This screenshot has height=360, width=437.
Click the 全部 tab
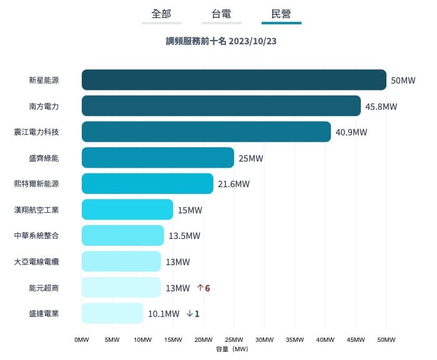[161, 13]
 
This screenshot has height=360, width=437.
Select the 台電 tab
[221, 13]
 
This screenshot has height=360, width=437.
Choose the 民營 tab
[281, 13]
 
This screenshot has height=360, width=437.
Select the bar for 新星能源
[234, 80]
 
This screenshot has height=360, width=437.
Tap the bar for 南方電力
[221, 106]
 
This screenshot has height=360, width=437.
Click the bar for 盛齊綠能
[157, 158]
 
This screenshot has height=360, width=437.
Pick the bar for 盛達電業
[112, 313]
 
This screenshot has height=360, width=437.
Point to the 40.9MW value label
[351, 132]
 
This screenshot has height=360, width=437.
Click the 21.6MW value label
[233, 184]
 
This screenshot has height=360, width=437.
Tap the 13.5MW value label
[184, 236]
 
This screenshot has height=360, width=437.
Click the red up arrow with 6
[203, 288]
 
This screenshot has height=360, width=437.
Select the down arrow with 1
[193, 314]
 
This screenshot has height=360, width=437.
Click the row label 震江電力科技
[36, 132]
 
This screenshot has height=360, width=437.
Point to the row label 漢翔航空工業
[36, 210]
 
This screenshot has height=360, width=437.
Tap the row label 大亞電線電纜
[36, 262]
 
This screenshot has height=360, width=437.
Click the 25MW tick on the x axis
[233, 340]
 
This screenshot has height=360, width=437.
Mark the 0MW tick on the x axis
[82, 340]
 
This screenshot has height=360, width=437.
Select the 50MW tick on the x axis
[386, 340]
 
